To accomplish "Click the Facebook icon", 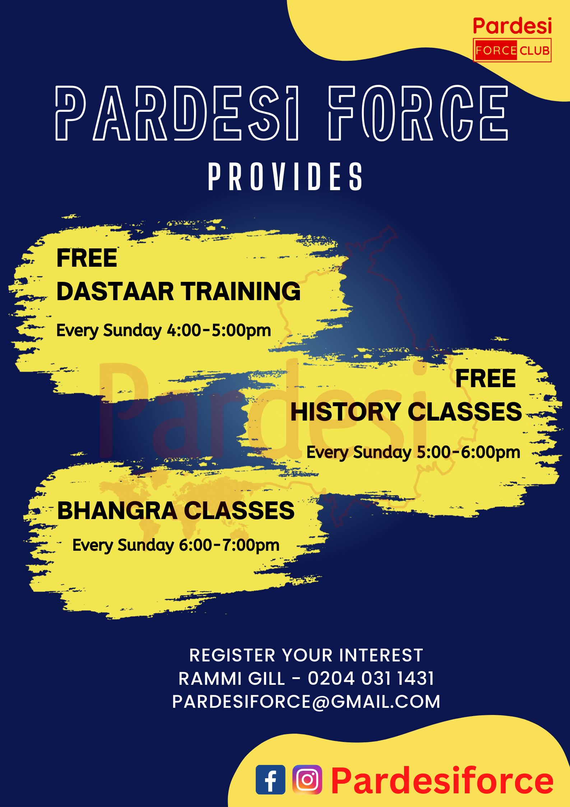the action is coord(270,779).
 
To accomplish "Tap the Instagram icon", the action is coord(307,779).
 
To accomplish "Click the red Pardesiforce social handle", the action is coord(442,780).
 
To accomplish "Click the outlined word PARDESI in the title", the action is coord(177,113).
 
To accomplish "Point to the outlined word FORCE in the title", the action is coord(418,113).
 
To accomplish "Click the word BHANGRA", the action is coord(117,510).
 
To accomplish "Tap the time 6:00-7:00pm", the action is coord(229,545).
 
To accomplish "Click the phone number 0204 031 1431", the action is coord(371,678).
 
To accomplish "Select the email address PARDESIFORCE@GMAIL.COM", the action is coord(306,701).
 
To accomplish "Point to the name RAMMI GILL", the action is coord(232,679).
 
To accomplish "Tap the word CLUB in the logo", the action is coord(534,51).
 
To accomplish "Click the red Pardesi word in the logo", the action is coord(512,26).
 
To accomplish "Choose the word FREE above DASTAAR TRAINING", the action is coord(87,258).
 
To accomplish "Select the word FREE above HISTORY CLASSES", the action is coord(486,379).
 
